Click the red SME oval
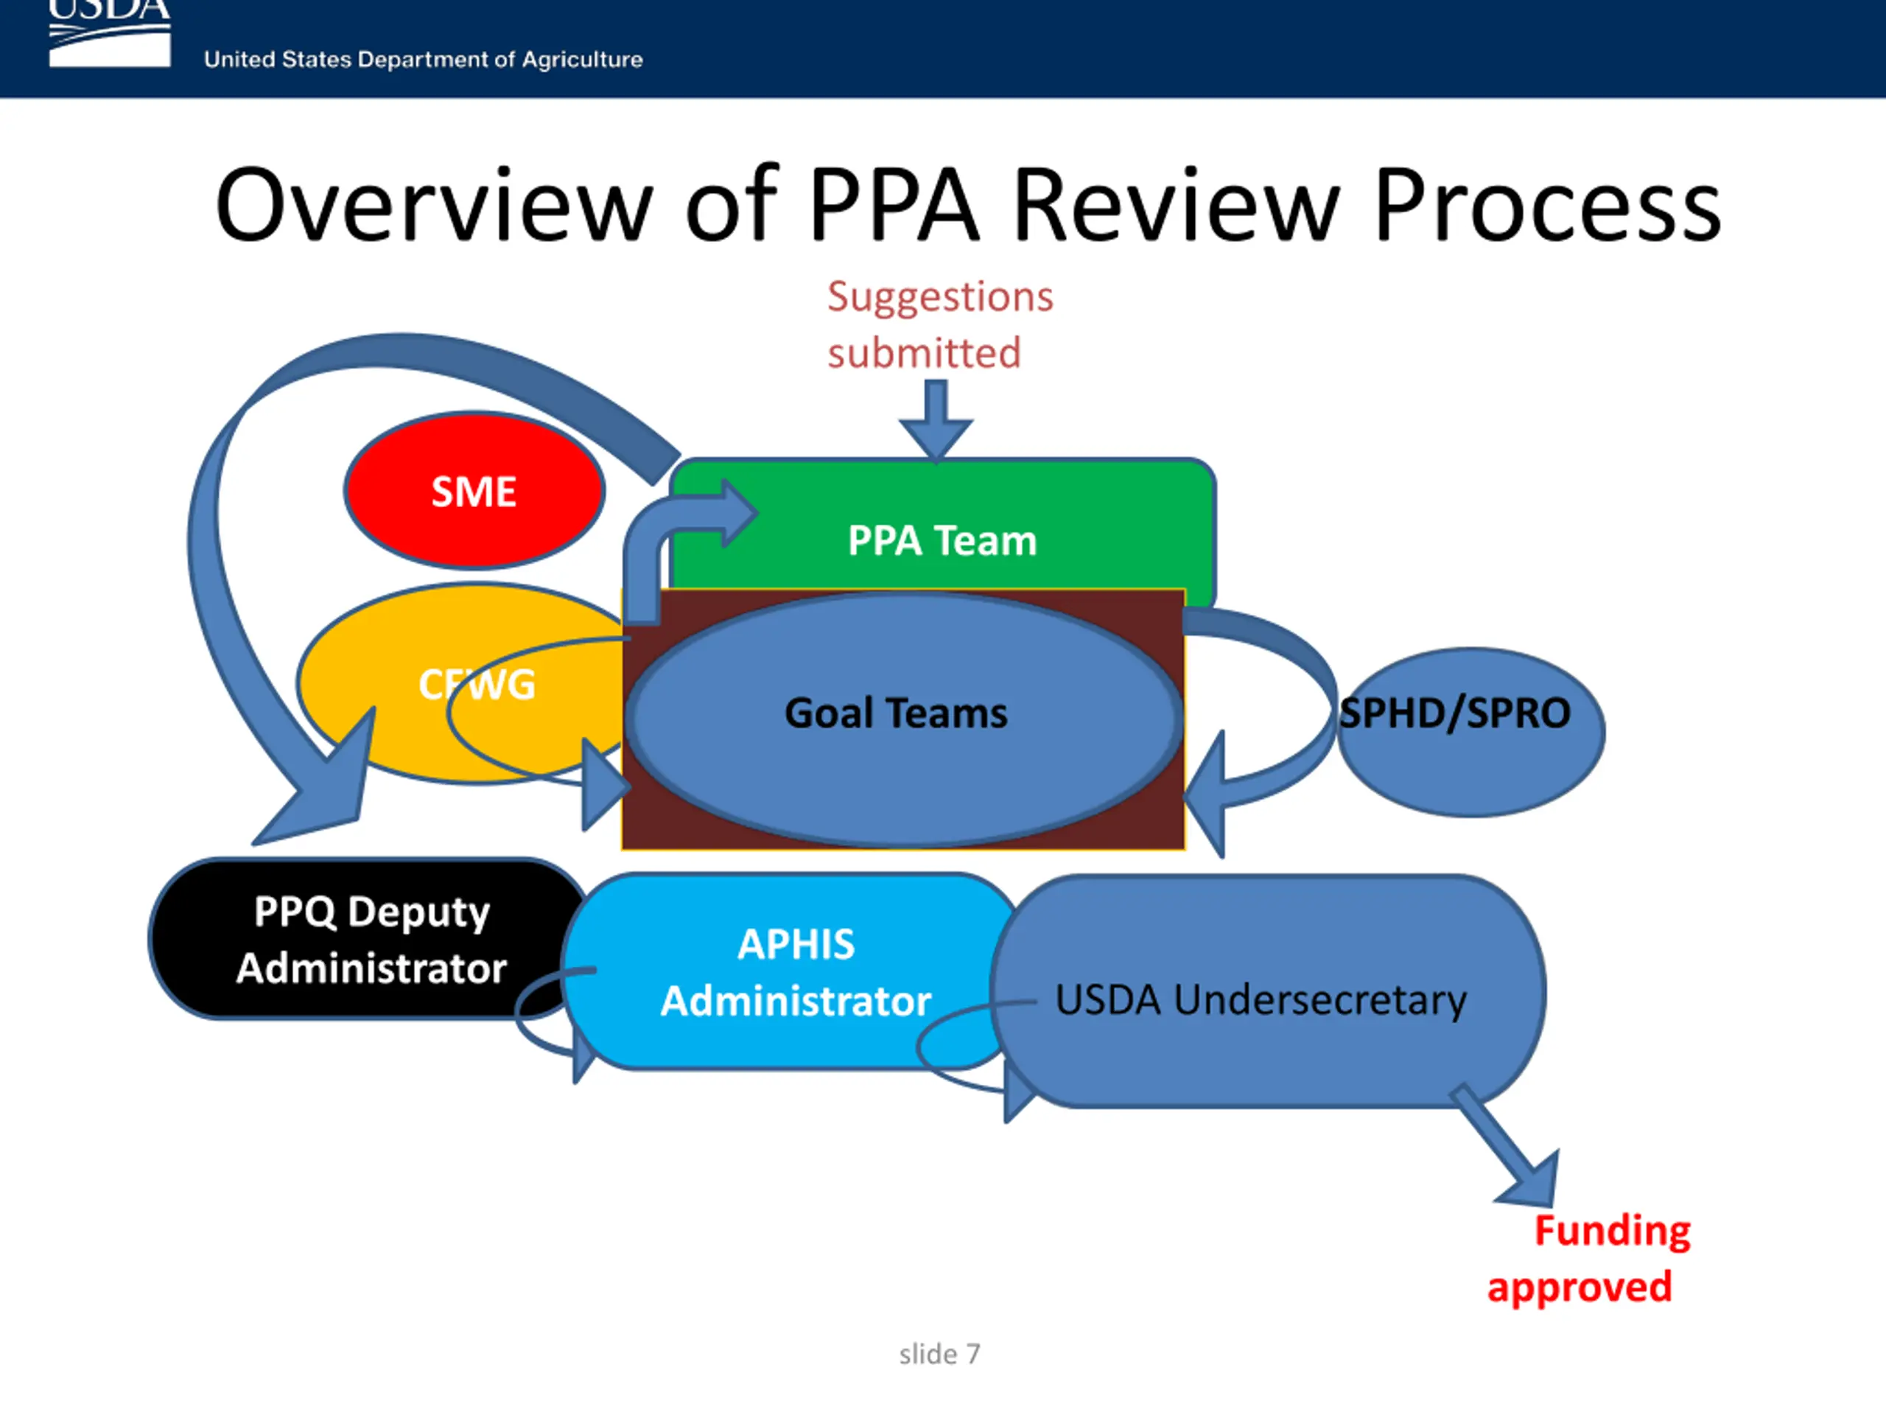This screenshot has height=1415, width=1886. [474, 492]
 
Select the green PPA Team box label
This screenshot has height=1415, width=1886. [942, 541]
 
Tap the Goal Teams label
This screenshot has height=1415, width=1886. [895, 713]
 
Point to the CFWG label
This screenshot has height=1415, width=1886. [477, 684]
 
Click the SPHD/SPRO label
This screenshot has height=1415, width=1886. [1454, 713]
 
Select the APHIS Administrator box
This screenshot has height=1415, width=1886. [796, 972]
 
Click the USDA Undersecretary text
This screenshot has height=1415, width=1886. [1261, 999]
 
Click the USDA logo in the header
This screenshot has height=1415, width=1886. [109, 34]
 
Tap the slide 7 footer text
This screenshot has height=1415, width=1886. [939, 1354]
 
